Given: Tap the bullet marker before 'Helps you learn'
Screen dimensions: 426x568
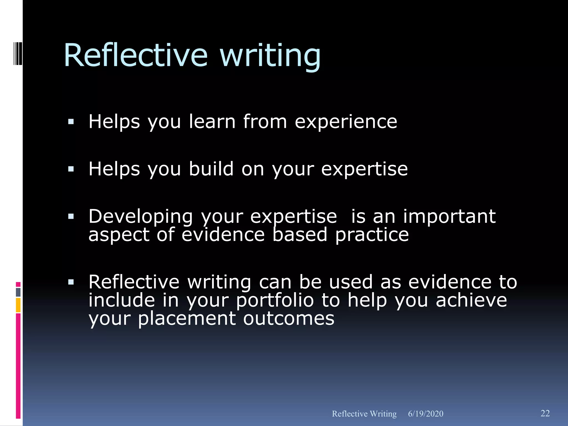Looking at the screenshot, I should point(71,121).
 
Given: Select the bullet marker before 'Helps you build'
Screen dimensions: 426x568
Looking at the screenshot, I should point(71,169).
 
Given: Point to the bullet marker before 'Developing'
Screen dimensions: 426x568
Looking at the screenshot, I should point(71,216).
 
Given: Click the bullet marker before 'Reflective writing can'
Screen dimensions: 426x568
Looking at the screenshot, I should point(71,282).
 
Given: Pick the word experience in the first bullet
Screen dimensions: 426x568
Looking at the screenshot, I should point(346,122).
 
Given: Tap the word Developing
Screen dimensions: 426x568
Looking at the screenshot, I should point(141,217).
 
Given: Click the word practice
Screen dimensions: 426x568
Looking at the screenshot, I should point(372,235).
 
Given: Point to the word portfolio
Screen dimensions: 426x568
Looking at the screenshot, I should point(275,301).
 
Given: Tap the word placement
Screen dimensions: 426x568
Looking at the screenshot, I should point(187,319).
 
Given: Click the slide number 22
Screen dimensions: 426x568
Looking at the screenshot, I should point(545,413).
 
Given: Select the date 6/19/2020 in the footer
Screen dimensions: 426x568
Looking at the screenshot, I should point(425,414).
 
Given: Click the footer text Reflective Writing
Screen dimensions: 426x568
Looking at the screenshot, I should point(364,414).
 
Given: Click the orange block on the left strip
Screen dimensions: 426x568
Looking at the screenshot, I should point(18,305).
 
